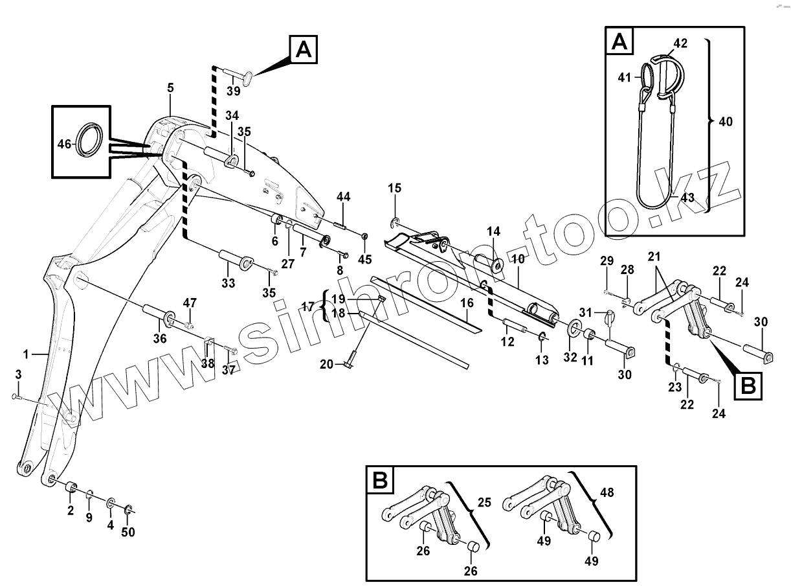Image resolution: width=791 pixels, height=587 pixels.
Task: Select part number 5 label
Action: pos(170,87)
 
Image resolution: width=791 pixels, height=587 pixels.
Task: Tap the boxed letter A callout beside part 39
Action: pos(304,49)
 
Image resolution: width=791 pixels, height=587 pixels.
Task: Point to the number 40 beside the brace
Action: pos(726,121)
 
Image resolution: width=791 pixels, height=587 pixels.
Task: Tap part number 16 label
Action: pos(467,303)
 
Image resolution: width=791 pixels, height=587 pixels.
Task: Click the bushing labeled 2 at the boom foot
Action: pos(71,487)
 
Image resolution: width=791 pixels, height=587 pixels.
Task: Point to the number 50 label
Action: pos(128,532)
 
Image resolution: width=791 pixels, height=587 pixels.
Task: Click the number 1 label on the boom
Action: pos(27,354)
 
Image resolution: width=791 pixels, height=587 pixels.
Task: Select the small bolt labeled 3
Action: pos(17,397)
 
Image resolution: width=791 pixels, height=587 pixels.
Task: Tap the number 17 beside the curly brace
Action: pos(309,306)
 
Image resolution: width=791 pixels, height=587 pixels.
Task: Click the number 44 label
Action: pos(343,196)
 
